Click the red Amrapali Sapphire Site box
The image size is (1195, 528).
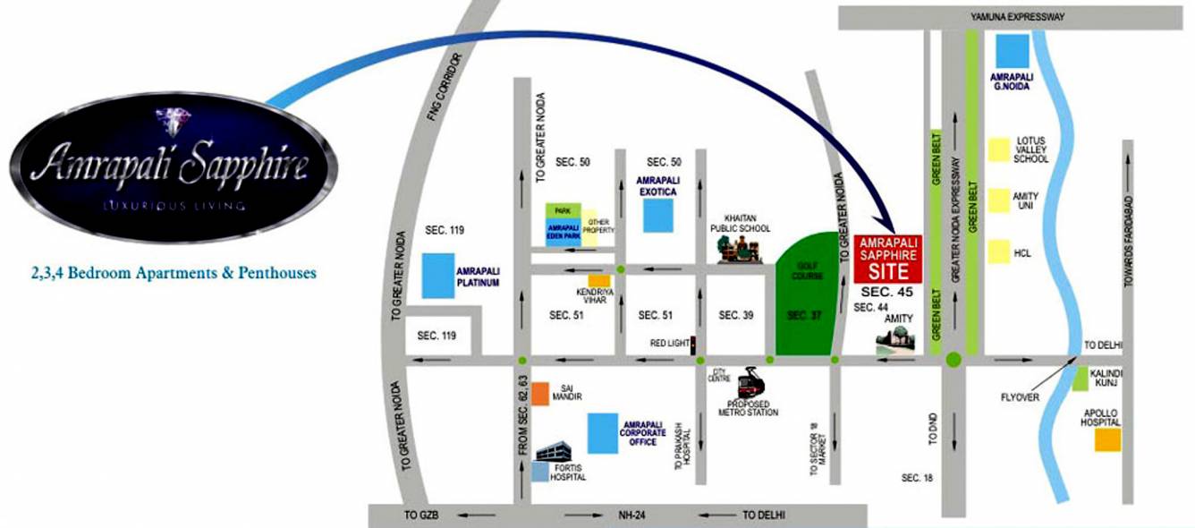coord(887,259)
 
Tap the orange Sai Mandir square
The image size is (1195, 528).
coord(540,394)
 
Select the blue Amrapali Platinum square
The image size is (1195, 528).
coord(436,276)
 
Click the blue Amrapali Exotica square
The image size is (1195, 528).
coord(658,216)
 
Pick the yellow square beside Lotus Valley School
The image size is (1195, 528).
coord(996,149)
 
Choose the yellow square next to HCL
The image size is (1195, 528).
coord(996,252)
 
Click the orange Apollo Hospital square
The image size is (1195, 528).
coord(1108,439)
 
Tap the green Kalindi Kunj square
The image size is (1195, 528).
coord(1080,379)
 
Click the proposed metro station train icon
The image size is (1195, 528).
coord(749,384)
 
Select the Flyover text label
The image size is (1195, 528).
coord(1020,396)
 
